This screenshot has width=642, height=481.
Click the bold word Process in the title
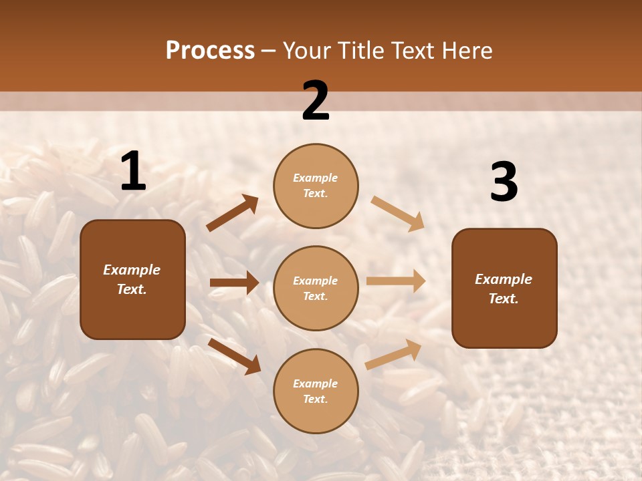click(x=210, y=51)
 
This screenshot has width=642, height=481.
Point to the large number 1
click(x=133, y=172)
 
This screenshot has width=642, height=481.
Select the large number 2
click(x=316, y=101)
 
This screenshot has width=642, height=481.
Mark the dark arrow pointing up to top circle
click(x=233, y=213)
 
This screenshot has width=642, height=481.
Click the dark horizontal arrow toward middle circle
click(x=234, y=283)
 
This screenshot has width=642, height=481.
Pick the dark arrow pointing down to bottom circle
click(x=234, y=356)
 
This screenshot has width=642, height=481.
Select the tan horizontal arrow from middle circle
click(x=396, y=281)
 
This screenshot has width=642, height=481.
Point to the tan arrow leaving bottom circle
click(x=394, y=354)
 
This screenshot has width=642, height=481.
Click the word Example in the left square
click(x=132, y=270)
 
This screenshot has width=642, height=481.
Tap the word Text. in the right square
click(x=504, y=299)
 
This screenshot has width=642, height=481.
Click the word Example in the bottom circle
click(x=316, y=383)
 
